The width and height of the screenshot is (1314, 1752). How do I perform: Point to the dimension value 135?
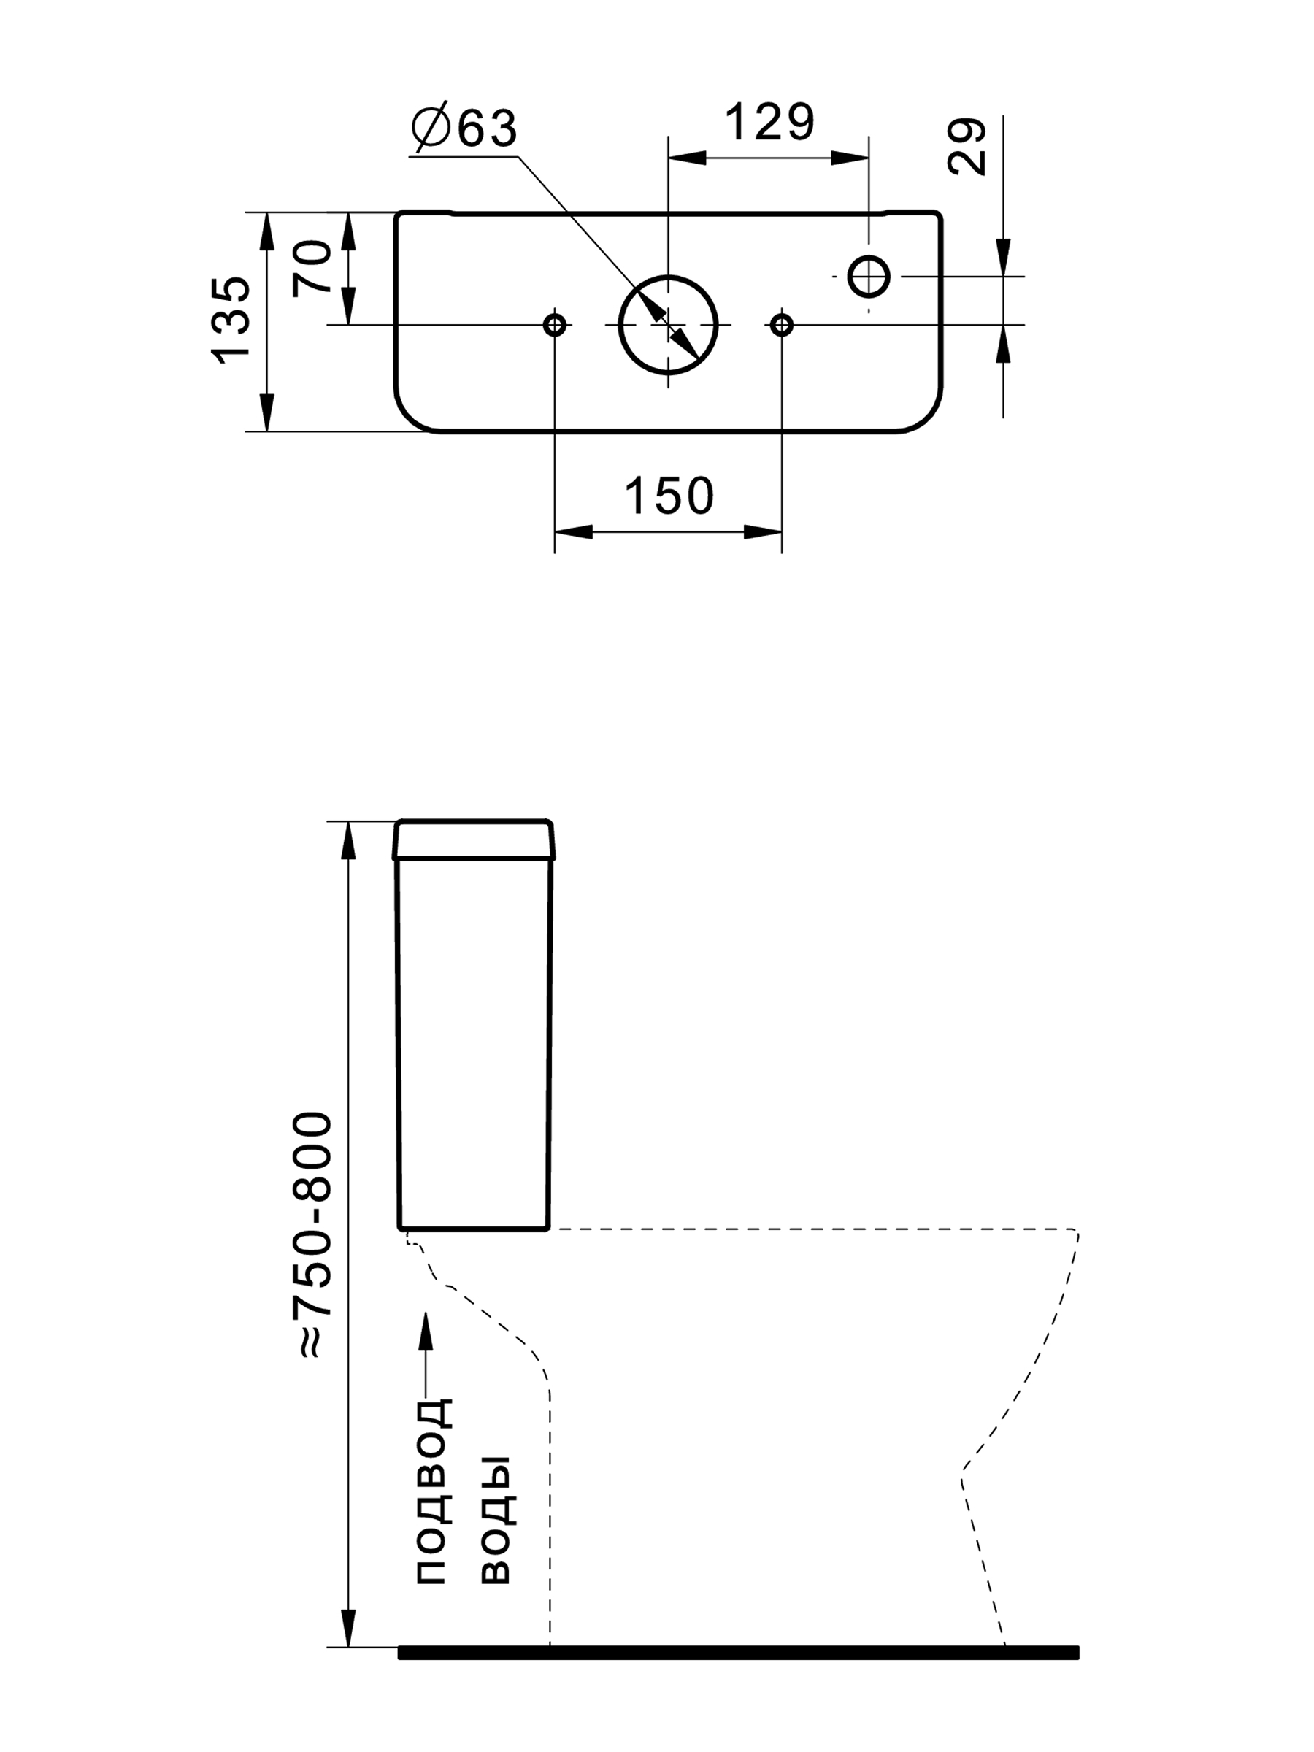231,320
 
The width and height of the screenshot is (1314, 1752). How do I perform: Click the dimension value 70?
312,267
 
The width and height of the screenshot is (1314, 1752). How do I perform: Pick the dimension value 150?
669,496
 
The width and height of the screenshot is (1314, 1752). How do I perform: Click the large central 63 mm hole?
668,325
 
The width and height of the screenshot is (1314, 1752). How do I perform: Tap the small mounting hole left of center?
554,325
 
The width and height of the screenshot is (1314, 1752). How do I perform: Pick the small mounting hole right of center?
782,325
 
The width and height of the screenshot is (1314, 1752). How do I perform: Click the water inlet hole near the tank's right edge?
869,277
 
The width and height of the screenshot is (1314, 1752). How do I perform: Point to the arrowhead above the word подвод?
426,1332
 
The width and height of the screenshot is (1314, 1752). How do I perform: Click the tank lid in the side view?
474,839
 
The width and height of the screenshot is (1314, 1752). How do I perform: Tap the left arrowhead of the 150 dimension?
572,531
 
